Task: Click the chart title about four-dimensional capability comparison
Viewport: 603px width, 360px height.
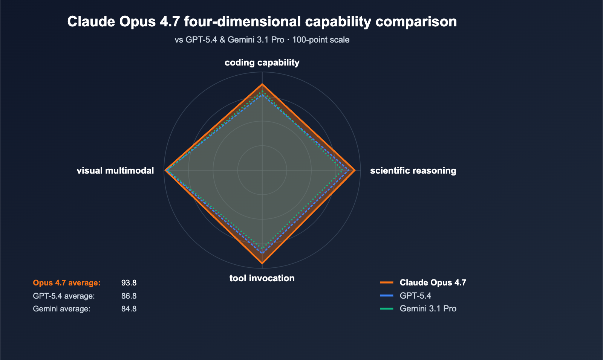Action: tap(262, 21)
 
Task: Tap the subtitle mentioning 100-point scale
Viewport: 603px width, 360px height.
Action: tap(262, 40)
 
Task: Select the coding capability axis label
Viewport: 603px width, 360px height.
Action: tap(262, 63)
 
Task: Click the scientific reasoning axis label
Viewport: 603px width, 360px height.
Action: tap(413, 171)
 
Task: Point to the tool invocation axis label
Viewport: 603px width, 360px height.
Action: tap(262, 278)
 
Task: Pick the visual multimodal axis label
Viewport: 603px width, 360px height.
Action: tap(115, 171)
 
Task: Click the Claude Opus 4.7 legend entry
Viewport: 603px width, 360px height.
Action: tap(433, 282)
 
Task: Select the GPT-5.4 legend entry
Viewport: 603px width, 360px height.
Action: tap(415, 296)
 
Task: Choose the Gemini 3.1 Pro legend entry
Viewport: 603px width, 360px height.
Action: tap(428, 309)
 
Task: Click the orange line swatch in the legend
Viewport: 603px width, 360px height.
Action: tap(387, 282)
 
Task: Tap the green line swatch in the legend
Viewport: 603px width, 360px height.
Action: tap(387, 309)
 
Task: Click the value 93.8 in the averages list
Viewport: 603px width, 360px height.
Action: tap(129, 283)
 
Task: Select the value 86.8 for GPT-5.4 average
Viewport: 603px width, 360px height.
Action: tap(129, 296)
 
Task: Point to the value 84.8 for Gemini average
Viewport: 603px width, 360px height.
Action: tap(129, 309)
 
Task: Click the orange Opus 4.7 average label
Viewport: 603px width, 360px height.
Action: tap(67, 283)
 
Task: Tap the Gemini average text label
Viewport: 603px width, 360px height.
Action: tap(62, 309)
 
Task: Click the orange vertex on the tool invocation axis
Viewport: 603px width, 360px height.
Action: tap(262, 263)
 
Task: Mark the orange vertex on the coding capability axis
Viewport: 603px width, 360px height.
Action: tap(262, 85)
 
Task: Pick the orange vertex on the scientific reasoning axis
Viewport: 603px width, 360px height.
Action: tap(355, 170)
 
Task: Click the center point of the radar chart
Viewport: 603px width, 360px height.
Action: tap(262, 170)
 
